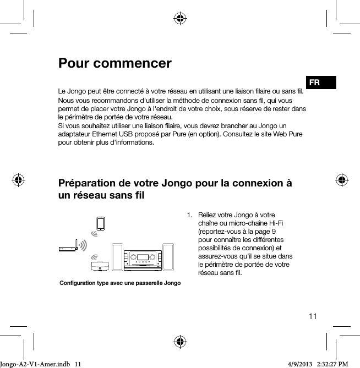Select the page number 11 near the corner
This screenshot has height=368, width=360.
313,316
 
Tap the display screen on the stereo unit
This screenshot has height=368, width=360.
143,257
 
